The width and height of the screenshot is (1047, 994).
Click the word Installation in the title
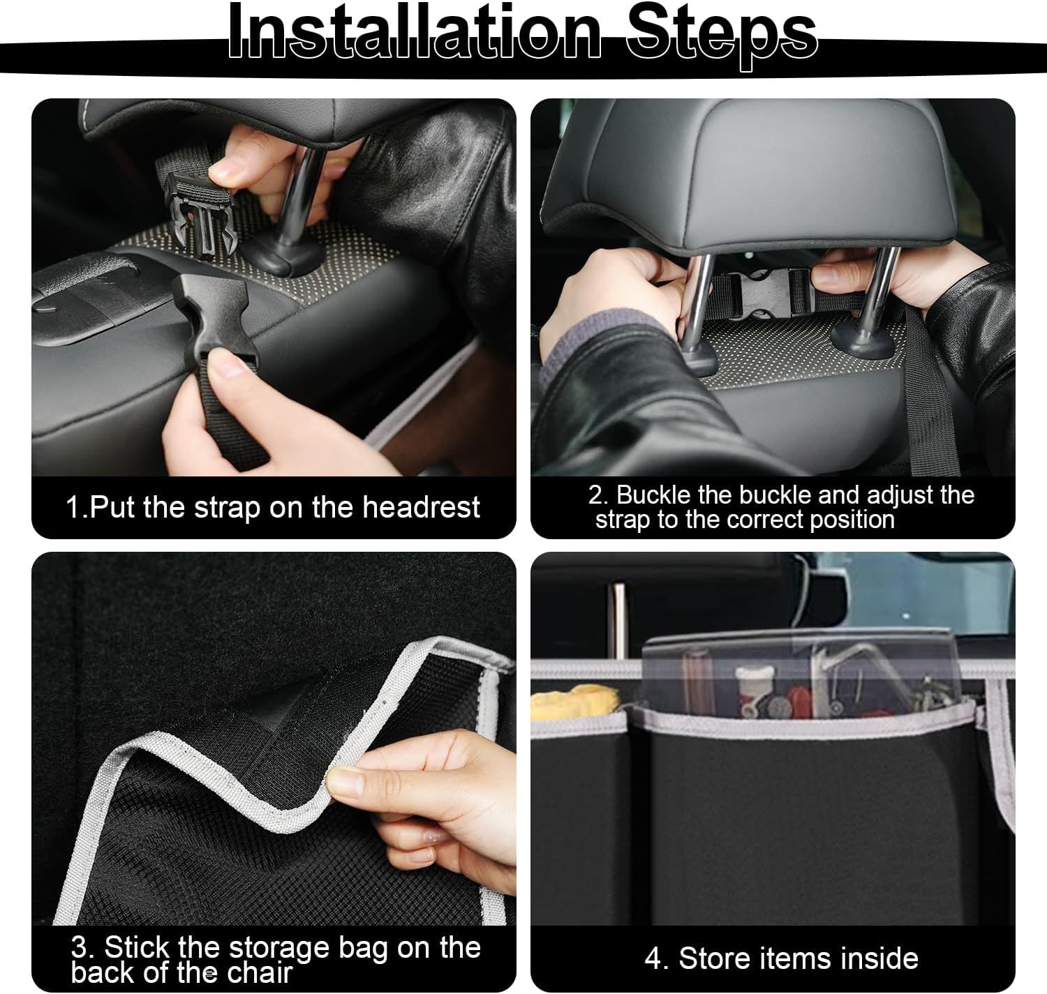click(415, 33)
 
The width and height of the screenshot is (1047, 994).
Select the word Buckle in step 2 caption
click(653, 495)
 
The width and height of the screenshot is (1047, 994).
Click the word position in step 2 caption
click(852, 520)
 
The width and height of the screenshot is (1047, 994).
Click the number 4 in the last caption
click(653, 959)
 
